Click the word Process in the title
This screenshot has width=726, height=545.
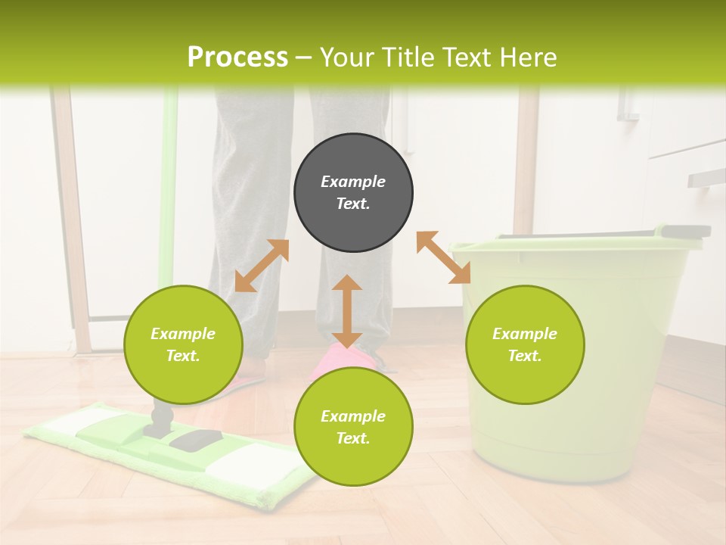coord(237,58)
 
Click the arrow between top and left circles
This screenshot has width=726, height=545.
coord(262,266)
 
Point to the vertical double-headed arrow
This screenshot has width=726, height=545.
coord(347,311)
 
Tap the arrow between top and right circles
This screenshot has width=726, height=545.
coord(443,257)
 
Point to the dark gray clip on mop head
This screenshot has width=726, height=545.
coord(195,439)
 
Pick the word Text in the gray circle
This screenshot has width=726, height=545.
coord(353,204)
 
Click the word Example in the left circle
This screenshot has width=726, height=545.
coord(183,334)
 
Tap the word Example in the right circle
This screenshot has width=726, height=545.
coord(525,334)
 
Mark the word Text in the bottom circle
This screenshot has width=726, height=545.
coord(353,438)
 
